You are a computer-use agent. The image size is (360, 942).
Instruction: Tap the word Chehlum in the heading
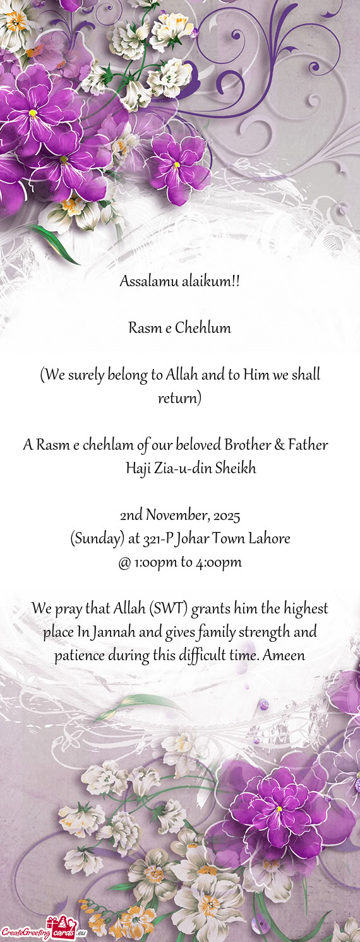pos(203,328)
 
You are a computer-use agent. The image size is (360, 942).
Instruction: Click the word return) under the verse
pos(180,399)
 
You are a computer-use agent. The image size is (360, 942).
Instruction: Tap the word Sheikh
pos(235,469)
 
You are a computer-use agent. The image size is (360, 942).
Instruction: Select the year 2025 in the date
pos(226,516)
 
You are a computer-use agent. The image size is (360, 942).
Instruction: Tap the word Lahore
pos(269,539)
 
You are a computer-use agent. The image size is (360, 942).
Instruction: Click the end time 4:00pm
pos(219,562)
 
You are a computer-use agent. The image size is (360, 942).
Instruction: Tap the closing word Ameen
pos(284,656)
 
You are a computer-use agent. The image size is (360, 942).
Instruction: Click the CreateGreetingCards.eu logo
pos(43,930)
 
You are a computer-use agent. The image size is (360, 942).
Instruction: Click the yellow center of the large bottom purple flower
pos(279,809)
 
